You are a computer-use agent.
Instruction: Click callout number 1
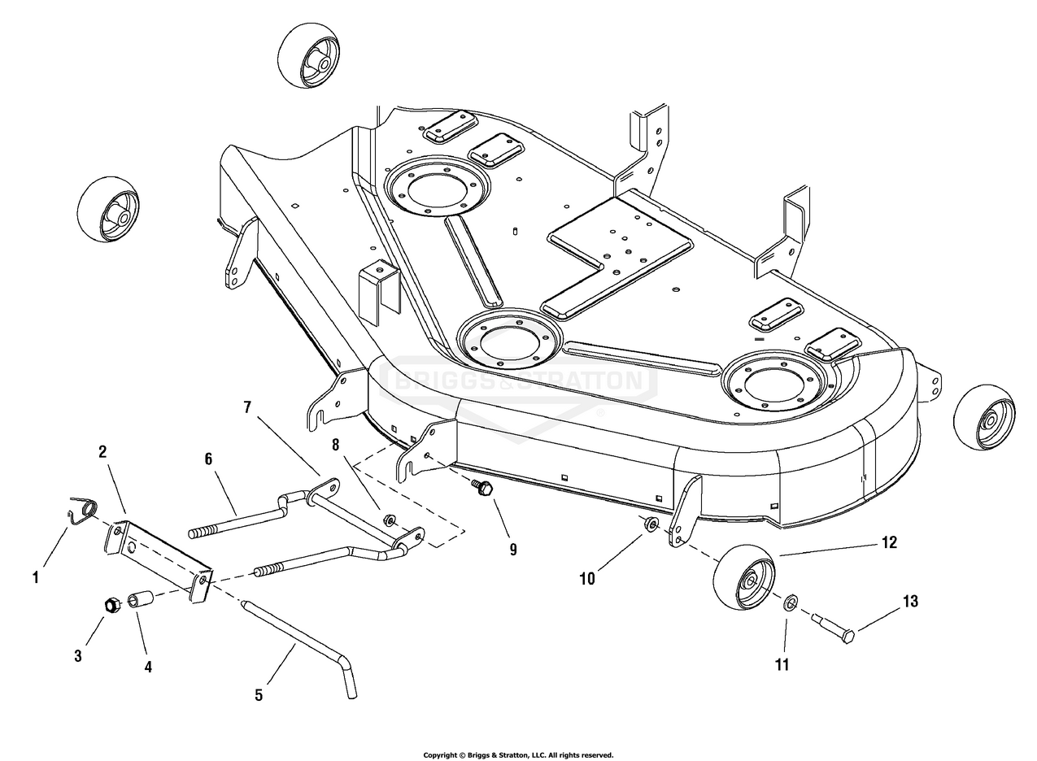click(x=35, y=578)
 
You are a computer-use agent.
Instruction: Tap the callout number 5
click(x=259, y=695)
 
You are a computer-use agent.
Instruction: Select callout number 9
click(x=513, y=549)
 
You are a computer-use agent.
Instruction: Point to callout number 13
click(x=910, y=602)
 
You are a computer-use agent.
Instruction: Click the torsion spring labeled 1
click(x=82, y=511)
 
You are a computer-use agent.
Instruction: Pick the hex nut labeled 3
click(x=112, y=605)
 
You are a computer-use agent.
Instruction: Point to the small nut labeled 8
click(x=390, y=520)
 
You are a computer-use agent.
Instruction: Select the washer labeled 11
click(x=789, y=603)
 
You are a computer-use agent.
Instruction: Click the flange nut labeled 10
click(x=651, y=524)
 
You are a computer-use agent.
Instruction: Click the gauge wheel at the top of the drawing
click(x=308, y=55)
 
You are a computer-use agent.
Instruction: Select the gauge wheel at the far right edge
click(x=984, y=417)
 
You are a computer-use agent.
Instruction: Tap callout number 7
click(x=247, y=407)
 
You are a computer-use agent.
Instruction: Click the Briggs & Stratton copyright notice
click(x=518, y=755)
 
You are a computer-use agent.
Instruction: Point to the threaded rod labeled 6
click(x=236, y=520)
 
